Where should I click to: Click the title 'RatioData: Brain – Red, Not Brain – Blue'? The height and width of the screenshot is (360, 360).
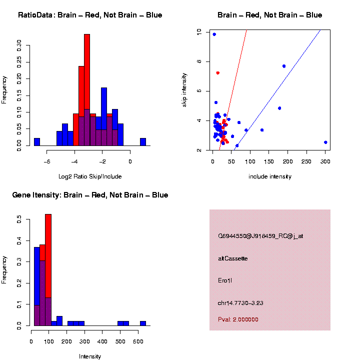[x=90, y=15]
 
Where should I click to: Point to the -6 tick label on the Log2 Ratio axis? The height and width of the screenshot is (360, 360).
[x=47, y=161]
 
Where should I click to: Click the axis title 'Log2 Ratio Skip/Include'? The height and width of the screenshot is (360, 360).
[x=90, y=176]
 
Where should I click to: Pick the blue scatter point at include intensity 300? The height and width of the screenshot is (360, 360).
[x=325, y=142]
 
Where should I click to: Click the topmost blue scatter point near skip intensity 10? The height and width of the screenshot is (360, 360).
[x=214, y=34]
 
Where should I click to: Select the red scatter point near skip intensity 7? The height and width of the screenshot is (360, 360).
[x=217, y=73]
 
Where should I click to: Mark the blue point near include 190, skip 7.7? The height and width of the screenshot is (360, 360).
[x=284, y=66]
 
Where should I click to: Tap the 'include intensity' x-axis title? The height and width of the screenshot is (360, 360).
[x=270, y=176]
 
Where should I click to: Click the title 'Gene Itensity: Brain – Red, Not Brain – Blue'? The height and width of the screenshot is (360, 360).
[x=90, y=194]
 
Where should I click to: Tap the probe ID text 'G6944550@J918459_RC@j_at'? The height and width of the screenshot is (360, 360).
[x=260, y=236]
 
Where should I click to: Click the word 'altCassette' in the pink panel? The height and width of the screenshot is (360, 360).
[x=233, y=258]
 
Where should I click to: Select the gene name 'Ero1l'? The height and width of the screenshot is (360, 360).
[x=225, y=280]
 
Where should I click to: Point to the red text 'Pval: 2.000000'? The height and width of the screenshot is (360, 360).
[x=238, y=319]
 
